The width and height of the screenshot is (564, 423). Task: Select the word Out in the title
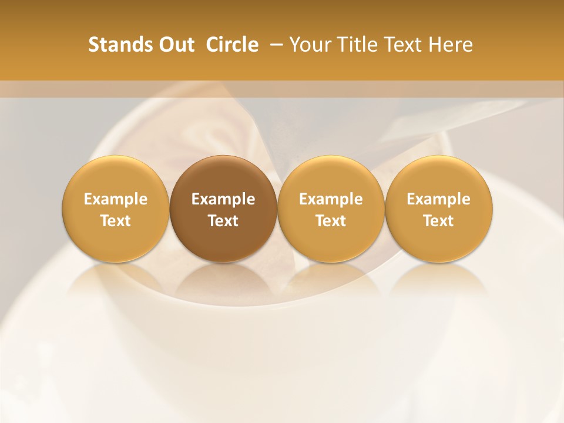[x=176, y=45]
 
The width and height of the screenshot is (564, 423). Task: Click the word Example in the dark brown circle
[x=223, y=199]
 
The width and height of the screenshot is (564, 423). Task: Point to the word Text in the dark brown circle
[x=223, y=221]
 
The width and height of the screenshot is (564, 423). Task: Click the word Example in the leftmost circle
[x=116, y=199]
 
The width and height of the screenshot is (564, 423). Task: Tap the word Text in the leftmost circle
[x=116, y=221]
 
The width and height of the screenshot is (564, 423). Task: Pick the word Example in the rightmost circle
[x=439, y=199]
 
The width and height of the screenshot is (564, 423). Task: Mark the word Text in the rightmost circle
[x=439, y=221]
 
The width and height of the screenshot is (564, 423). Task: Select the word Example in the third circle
[x=331, y=199]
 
